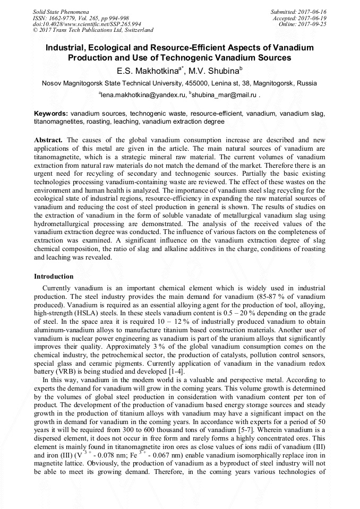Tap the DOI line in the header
tap(87, 24)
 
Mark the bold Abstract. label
tap(48, 140)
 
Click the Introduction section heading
tap(54, 277)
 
